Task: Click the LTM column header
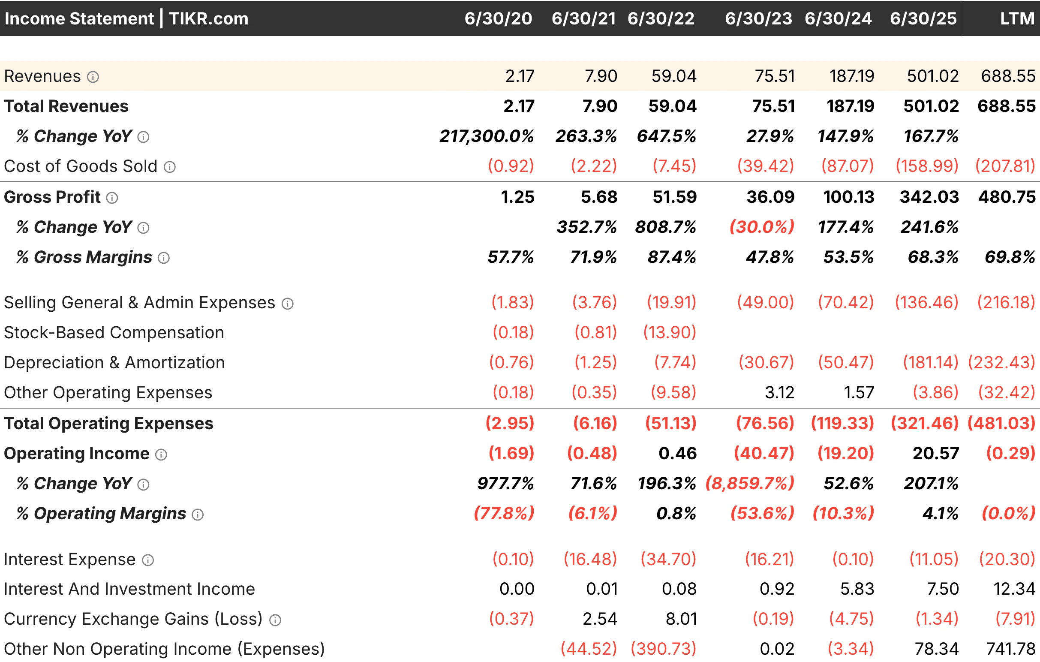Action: pyautogui.click(x=1017, y=18)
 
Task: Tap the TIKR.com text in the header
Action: pyautogui.click(x=209, y=18)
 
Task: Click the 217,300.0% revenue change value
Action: pyautogui.click(x=486, y=136)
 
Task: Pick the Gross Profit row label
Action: pyautogui.click(x=52, y=197)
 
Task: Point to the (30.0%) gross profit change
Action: pyautogui.click(x=762, y=227)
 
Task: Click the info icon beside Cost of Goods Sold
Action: pyautogui.click(x=170, y=167)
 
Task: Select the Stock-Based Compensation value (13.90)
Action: pyautogui.click(x=670, y=333)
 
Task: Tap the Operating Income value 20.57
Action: pyautogui.click(x=935, y=453)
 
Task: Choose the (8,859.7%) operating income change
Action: pyautogui.click(x=750, y=483)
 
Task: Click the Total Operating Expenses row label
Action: pyautogui.click(x=108, y=423)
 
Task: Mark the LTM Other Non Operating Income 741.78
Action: pyautogui.click(x=1010, y=649)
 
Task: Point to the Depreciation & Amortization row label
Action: pyautogui.click(x=114, y=362)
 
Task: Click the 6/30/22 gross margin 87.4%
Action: pyautogui.click(x=672, y=257)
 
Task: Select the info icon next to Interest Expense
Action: pyautogui.click(x=148, y=560)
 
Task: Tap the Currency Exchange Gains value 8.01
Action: pyautogui.click(x=681, y=619)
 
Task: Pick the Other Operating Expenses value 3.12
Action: pyautogui.click(x=779, y=393)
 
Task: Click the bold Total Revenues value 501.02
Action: pyautogui.click(x=931, y=106)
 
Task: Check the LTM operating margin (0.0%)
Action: pyautogui.click(x=1008, y=514)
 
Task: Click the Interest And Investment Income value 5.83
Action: pyautogui.click(x=857, y=589)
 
